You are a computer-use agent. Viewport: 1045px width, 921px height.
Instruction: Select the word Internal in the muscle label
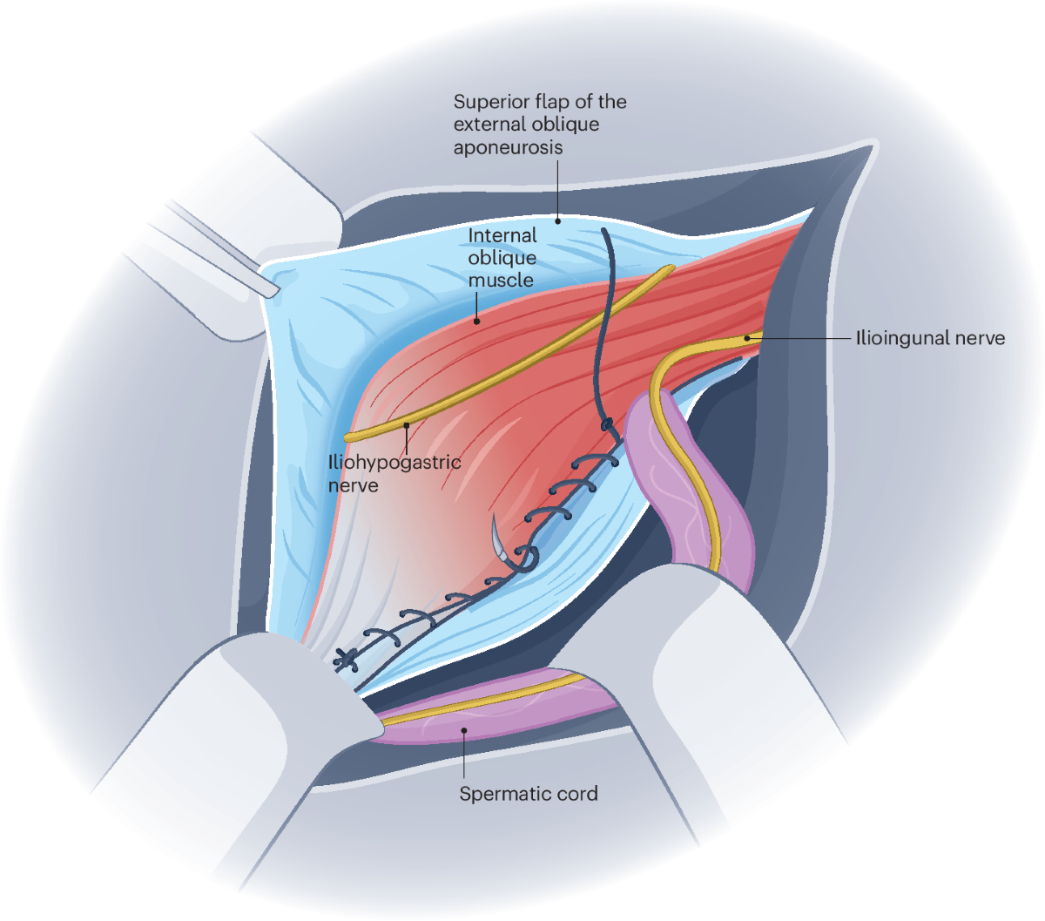coord(502,235)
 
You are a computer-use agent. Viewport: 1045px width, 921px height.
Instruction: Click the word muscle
coord(501,281)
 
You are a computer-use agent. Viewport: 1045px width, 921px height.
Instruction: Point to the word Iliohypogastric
coord(394,462)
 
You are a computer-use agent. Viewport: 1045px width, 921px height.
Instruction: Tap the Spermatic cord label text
coord(529,794)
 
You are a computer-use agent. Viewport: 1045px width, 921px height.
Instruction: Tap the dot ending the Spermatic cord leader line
coord(464,731)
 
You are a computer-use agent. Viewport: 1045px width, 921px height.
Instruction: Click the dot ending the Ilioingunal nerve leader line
coord(747,337)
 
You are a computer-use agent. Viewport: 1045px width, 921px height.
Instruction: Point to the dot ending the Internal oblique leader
coord(476,321)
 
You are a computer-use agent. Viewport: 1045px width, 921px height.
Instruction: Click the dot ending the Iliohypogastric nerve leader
coord(406,424)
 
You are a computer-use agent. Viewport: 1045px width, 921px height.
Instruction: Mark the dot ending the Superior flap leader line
coord(558,220)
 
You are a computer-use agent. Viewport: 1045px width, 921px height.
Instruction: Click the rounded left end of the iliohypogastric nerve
coord(349,436)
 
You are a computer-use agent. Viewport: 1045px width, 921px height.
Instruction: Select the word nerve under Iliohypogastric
coord(354,484)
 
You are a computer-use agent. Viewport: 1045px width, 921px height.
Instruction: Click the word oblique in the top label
coord(563,124)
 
